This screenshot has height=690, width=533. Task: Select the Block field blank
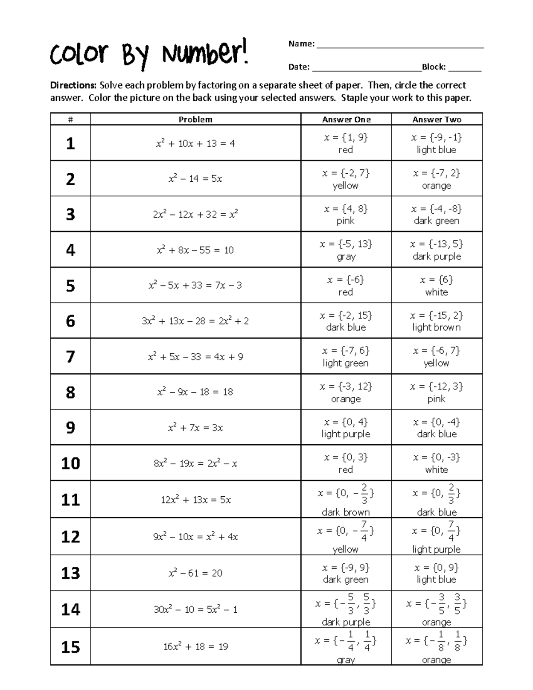pyautogui.click(x=465, y=69)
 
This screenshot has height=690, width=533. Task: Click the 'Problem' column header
pyautogui.click(x=195, y=120)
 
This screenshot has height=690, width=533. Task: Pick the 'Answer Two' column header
pyautogui.click(x=437, y=120)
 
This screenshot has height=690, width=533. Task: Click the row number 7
pyautogui.click(x=70, y=356)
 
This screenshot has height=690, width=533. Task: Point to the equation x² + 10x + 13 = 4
pyautogui.click(x=195, y=144)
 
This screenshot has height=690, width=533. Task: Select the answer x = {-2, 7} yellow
pyautogui.click(x=346, y=179)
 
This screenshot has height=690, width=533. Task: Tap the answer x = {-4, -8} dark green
pyautogui.click(x=437, y=214)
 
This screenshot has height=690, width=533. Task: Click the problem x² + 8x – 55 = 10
pyautogui.click(x=195, y=250)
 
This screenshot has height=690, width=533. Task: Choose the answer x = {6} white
pyautogui.click(x=437, y=286)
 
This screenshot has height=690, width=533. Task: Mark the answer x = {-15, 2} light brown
pyautogui.click(x=437, y=321)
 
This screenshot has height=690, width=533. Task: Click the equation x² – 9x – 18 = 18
pyautogui.click(x=195, y=392)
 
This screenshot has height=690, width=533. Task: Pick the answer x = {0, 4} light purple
pyautogui.click(x=346, y=427)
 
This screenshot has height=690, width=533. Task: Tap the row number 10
pyautogui.click(x=70, y=463)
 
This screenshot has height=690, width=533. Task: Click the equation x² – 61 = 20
pyautogui.click(x=195, y=573)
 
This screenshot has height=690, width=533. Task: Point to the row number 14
pyautogui.click(x=70, y=609)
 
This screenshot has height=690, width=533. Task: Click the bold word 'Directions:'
pyautogui.click(x=73, y=85)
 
